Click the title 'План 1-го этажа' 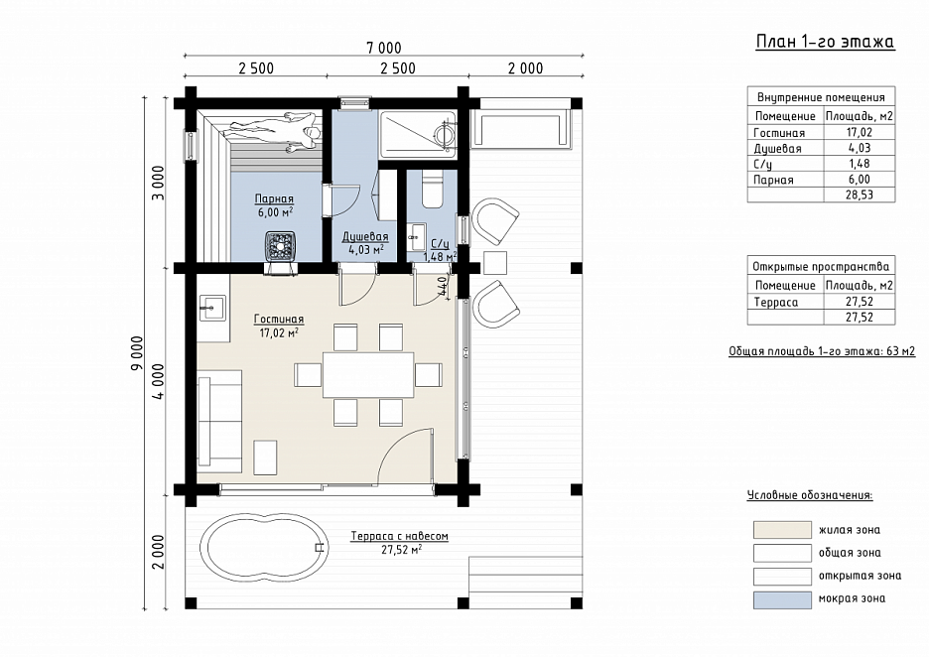(825, 42)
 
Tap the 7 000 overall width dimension (384, 48)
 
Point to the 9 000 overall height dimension (137, 353)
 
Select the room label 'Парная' (274, 199)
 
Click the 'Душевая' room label (365, 237)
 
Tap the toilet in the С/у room (433, 189)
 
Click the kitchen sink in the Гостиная (211, 308)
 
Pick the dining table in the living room (368, 374)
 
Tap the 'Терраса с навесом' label (399, 536)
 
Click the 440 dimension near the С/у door (442, 287)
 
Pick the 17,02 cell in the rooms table (860, 132)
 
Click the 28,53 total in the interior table (860, 195)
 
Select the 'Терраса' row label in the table (776, 302)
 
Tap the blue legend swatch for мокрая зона (782, 599)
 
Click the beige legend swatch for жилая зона (782, 530)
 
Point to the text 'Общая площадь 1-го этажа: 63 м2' (822, 351)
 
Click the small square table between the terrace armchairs (494, 262)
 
